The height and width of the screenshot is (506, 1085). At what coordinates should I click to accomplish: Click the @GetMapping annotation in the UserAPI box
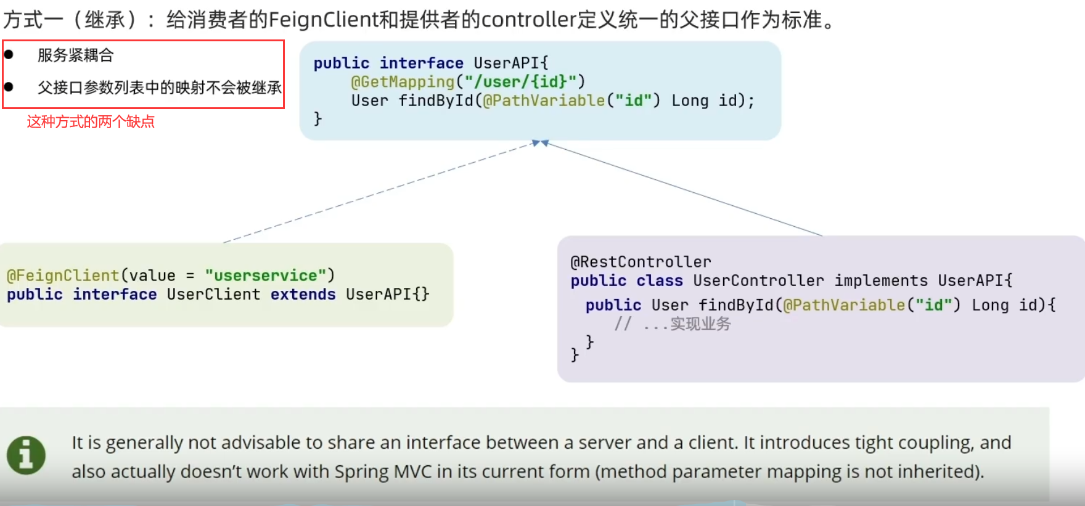[403, 82]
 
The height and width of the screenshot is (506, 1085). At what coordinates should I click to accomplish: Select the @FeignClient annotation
[63, 275]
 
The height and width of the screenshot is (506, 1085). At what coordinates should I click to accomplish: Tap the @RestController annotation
[641, 262]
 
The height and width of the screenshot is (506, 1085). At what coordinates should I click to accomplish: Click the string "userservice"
[266, 275]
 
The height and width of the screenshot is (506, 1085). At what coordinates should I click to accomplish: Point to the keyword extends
[303, 295]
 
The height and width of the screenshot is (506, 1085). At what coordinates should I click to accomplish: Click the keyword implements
[881, 281]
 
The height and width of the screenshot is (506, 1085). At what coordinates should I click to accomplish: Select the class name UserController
[758, 281]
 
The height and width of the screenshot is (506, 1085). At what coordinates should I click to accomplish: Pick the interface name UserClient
[213, 295]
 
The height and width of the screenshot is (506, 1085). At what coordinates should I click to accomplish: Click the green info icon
[26, 455]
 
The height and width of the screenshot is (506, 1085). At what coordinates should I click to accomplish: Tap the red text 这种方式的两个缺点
[91, 122]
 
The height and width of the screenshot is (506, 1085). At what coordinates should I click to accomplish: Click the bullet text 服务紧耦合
[76, 55]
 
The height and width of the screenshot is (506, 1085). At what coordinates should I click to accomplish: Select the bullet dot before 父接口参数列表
[9, 87]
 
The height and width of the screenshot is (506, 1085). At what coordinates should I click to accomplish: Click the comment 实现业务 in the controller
[700, 324]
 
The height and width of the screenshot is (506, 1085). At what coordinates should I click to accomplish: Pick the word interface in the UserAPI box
[421, 63]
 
